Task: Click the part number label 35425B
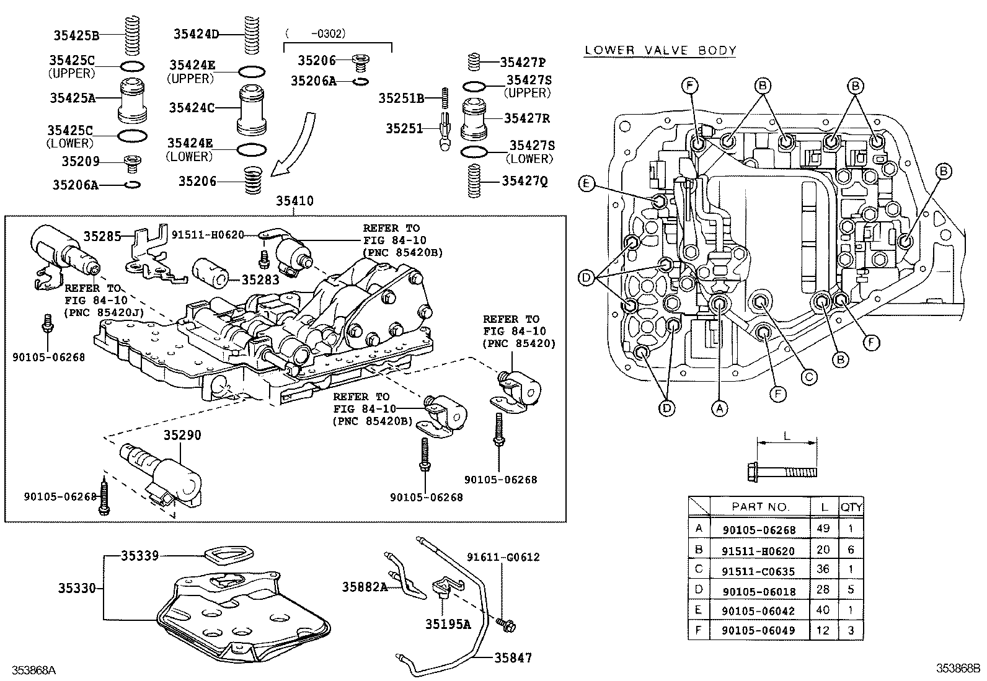(x=76, y=36)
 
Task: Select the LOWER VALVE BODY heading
(x=660, y=50)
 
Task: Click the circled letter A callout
(x=719, y=408)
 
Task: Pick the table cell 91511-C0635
(x=758, y=571)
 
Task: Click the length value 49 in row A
(x=823, y=529)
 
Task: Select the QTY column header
(x=851, y=507)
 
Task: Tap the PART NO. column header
(x=760, y=507)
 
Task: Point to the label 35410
(x=294, y=201)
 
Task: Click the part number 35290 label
(x=182, y=435)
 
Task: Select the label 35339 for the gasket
(x=139, y=556)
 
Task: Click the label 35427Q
(x=524, y=181)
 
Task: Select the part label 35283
(x=260, y=280)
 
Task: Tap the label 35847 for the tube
(x=513, y=657)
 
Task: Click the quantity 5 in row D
(x=851, y=591)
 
